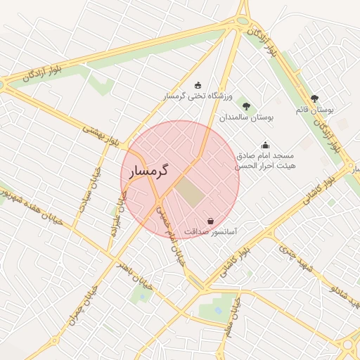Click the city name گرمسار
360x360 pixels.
coord(149,171)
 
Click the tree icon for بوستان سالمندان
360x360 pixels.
coord(246,106)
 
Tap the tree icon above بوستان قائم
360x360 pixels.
coord(314,99)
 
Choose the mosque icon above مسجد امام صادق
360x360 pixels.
coord(265,145)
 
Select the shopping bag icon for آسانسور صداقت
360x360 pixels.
coord(210,221)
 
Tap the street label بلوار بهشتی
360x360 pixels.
coord(103,136)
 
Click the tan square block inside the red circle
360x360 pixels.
coord(188,192)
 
